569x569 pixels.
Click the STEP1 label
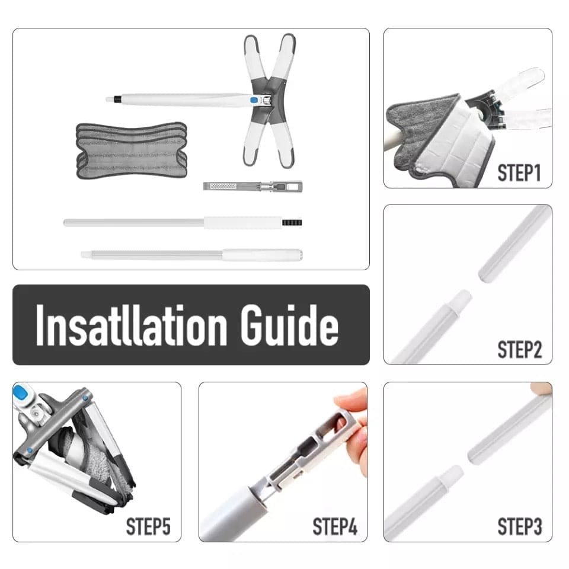click(519, 172)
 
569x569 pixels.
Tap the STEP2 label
click(520, 350)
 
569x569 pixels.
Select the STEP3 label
click(520, 526)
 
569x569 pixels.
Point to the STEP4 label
click(334, 526)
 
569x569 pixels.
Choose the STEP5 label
click(148, 526)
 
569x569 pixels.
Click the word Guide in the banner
click(289, 325)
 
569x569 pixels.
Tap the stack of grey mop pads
click(132, 150)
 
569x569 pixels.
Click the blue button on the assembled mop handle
click(254, 100)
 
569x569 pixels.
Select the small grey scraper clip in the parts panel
click(252, 187)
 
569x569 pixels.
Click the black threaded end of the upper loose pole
click(292, 222)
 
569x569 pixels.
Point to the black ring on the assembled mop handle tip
click(117, 99)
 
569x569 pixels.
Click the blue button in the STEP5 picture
click(20, 392)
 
